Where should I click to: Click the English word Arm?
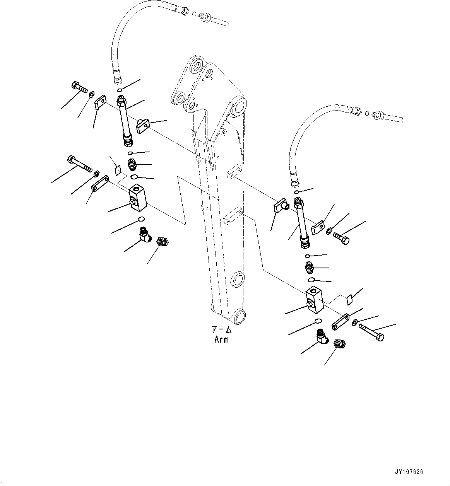221,340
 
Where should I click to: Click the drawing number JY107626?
409,472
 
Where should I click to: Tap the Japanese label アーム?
221,330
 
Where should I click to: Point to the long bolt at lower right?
372,333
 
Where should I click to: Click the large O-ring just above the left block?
134,177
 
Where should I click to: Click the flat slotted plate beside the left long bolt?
100,183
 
